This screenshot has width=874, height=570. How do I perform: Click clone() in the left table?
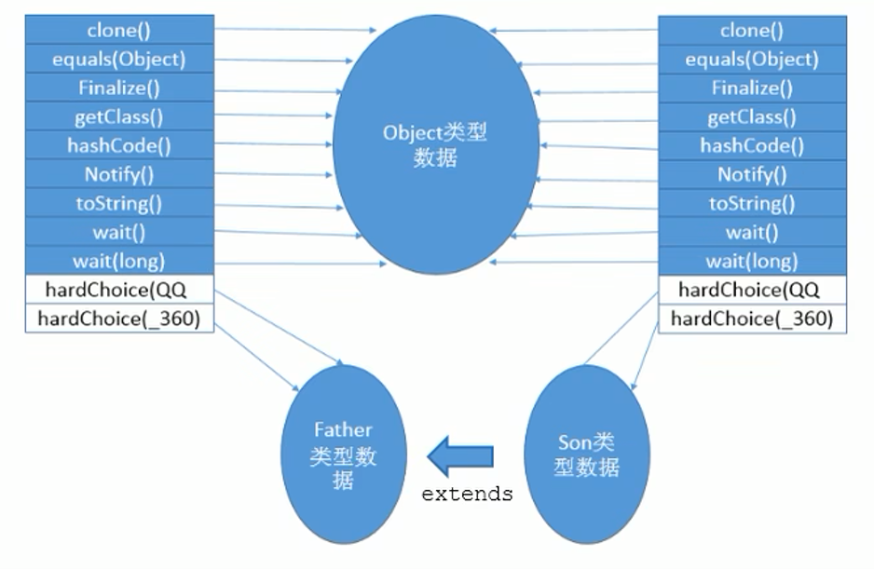click(x=118, y=30)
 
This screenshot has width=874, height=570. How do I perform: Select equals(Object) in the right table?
click(x=752, y=60)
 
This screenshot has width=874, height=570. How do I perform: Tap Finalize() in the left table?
click(x=118, y=88)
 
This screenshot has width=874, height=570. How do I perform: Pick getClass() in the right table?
click(x=752, y=117)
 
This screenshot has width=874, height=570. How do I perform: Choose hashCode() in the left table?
click(x=118, y=146)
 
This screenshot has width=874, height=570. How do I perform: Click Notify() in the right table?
click(x=752, y=175)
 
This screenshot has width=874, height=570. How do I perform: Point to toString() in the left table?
click(x=118, y=204)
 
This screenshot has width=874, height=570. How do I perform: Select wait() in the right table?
click(x=752, y=233)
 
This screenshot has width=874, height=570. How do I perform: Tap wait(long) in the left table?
click(x=118, y=262)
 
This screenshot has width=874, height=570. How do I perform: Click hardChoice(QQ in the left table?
click(x=118, y=290)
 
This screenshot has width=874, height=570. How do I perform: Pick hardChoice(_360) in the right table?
click(x=752, y=319)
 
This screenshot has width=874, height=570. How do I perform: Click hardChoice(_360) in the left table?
click(x=118, y=319)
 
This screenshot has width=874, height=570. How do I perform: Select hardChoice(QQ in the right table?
click(x=752, y=290)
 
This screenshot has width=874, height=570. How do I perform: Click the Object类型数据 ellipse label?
click(x=435, y=145)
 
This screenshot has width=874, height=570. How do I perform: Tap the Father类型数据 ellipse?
click(x=343, y=455)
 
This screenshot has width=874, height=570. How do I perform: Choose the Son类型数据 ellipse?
click(x=587, y=454)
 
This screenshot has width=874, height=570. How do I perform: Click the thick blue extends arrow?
click(x=460, y=455)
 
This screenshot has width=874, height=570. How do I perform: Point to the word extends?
click(x=467, y=494)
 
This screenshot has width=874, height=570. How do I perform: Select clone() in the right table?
click(x=752, y=31)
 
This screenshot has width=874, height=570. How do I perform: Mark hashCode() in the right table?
click(x=752, y=146)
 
